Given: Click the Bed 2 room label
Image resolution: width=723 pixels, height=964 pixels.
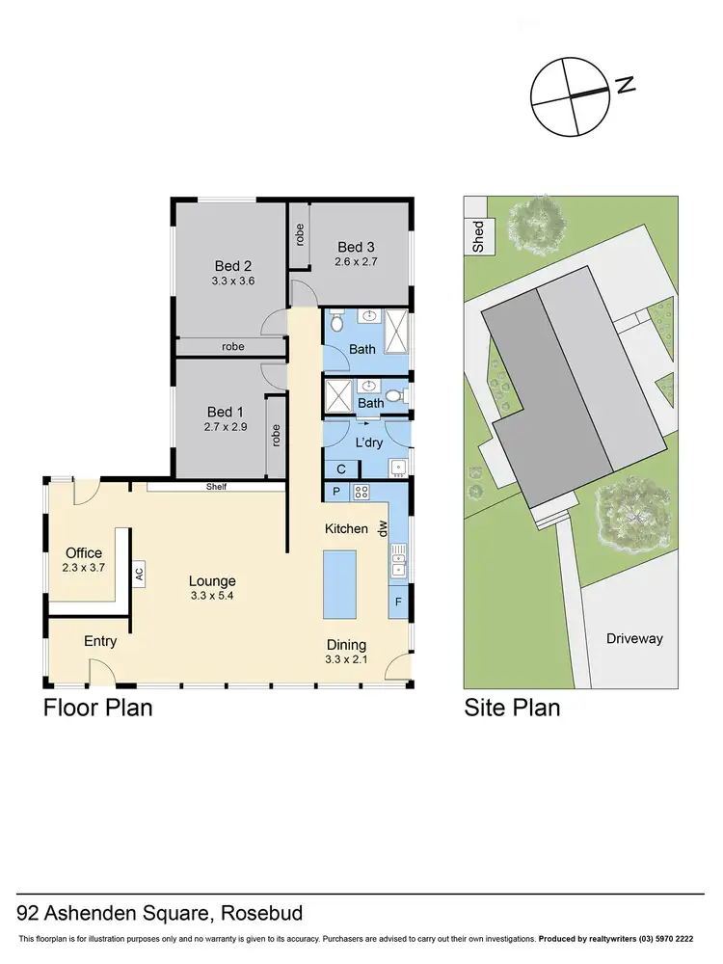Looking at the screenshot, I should (232, 266).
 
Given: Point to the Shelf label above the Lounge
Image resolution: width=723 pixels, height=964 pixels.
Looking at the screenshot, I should (216, 487).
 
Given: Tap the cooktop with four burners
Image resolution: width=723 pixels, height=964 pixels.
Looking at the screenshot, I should (363, 492).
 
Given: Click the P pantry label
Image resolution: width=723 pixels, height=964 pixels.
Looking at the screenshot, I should (335, 492).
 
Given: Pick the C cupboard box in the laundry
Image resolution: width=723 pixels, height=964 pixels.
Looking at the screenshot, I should (341, 469).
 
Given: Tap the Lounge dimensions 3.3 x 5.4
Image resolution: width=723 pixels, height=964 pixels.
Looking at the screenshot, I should (212, 597).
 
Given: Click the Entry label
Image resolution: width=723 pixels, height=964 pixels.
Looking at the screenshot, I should (100, 641).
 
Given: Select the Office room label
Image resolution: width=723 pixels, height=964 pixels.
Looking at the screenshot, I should (84, 553).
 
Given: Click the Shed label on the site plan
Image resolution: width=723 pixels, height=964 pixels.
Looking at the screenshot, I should (478, 237).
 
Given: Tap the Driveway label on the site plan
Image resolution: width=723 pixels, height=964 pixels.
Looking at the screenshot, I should (634, 638).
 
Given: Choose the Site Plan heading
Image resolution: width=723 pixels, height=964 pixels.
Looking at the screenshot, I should (512, 709).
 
